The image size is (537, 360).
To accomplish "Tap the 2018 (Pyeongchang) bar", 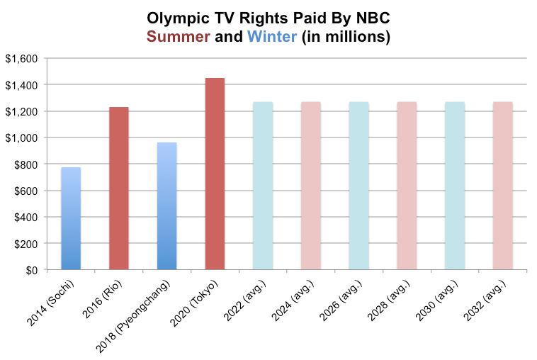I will click(x=166, y=206).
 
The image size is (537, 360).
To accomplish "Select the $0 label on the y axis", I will click(x=31, y=270).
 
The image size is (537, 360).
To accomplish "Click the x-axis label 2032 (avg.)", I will click(x=485, y=301).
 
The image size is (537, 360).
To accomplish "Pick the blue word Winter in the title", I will click(x=271, y=38).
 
